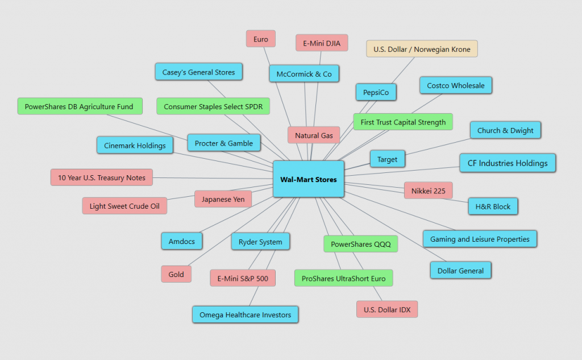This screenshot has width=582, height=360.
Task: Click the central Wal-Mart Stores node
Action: (x=309, y=179)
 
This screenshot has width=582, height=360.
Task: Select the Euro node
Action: (x=261, y=39)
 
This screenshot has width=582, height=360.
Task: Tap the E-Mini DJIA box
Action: (x=322, y=43)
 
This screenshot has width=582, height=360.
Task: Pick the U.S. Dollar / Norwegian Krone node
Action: (x=422, y=49)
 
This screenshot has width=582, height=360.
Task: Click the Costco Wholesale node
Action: (x=456, y=85)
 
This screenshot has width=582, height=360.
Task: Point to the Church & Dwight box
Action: (x=505, y=130)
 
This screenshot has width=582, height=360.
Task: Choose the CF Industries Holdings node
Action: (x=508, y=163)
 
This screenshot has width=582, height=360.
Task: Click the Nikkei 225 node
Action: (x=428, y=191)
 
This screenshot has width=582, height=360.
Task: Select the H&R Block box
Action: (x=493, y=206)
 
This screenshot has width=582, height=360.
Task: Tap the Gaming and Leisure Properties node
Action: (x=480, y=239)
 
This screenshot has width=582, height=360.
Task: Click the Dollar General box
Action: (x=460, y=271)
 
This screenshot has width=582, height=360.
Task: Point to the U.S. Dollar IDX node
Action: (x=387, y=309)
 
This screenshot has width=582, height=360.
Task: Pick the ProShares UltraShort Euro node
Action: (x=343, y=279)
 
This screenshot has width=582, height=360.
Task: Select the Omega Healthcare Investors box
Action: (x=245, y=315)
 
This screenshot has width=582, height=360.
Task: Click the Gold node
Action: (x=176, y=274)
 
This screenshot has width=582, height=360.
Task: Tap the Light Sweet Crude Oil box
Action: (x=124, y=206)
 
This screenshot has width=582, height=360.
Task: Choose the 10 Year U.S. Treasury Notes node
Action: (x=102, y=177)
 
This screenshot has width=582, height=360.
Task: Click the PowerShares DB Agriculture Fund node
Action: (x=79, y=106)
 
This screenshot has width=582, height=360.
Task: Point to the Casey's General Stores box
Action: (x=199, y=72)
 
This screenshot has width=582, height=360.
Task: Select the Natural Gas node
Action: (x=314, y=135)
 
